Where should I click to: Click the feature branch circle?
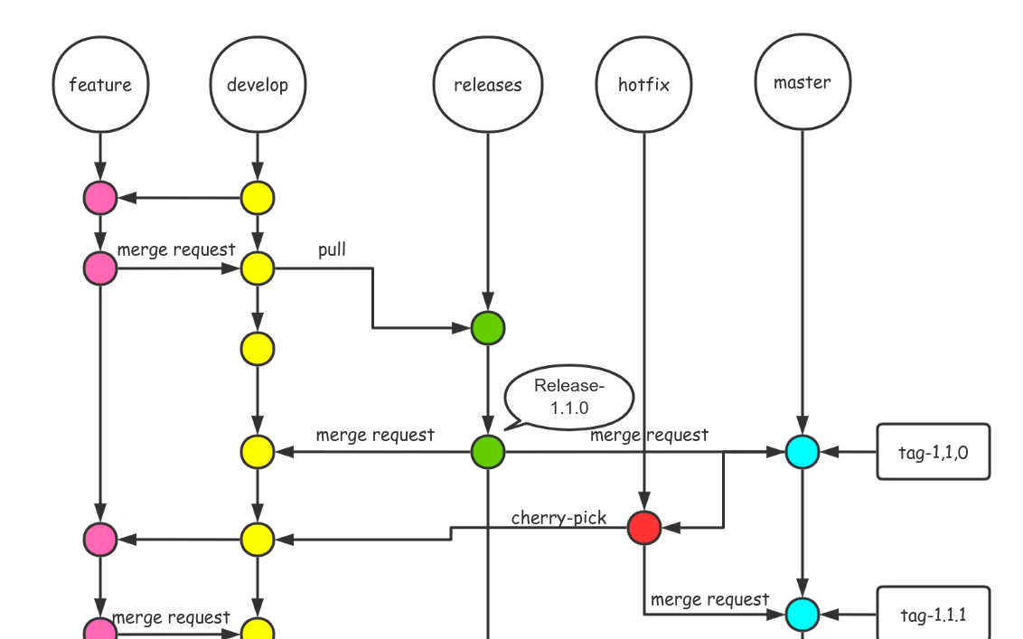click(x=100, y=85)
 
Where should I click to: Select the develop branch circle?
click(x=258, y=85)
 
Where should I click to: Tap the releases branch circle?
click(x=488, y=85)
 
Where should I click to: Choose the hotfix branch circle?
click(x=644, y=85)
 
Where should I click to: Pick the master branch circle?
click(x=802, y=83)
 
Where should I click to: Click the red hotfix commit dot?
click(x=644, y=527)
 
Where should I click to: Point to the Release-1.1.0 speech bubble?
click(x=569, y=397)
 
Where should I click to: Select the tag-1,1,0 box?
click(x=934, y=452)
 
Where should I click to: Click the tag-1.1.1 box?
click(x=934, y=615)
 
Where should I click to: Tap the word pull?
click(x=332, y=249)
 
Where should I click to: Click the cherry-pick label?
click(x=558, y=518)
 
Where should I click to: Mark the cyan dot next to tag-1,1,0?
click(x=802, y=452)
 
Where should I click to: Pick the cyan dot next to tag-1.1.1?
click(x=802, y=615)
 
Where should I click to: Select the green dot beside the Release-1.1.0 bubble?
click(x=488, y=451)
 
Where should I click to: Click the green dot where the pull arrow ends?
click(x=488, y=328)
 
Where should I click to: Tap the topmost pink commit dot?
click(x=100, y=198)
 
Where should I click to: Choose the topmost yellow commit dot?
click(x=258, y=198)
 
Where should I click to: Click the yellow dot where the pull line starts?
click(x=258, y=268)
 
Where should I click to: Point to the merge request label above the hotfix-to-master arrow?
click(x=709, y=599)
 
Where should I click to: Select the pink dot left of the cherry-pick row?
click(x=100, y=540)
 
